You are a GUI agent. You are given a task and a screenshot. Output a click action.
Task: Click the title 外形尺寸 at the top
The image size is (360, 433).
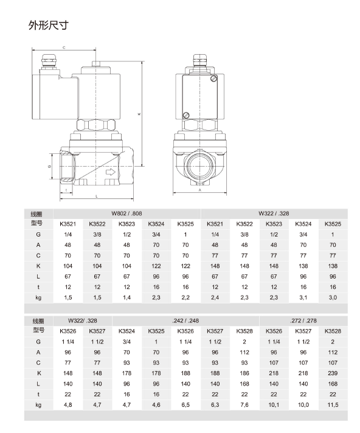(x=48, y=25)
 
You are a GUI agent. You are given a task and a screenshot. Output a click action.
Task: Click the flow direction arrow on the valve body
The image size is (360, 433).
(x=111, y=172)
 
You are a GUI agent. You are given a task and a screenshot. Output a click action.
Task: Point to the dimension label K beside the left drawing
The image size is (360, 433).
(x=139, y=114)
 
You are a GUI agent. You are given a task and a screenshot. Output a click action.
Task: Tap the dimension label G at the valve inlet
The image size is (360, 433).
(x=49, y=166)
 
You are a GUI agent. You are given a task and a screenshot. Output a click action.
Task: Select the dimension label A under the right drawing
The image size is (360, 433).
(x=200, y=190)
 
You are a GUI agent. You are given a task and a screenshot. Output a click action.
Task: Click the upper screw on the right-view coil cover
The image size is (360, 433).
(x=213, y=78)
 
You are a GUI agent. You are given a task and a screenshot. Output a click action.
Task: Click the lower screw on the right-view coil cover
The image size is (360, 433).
(x=186, y=116)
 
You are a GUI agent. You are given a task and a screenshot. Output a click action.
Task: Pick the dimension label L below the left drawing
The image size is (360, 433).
(x=96, y=196)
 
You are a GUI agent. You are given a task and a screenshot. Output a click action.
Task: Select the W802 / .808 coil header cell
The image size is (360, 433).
(x=126, y=213)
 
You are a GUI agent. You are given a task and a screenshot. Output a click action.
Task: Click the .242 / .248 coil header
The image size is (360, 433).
(x=185, y=321)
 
